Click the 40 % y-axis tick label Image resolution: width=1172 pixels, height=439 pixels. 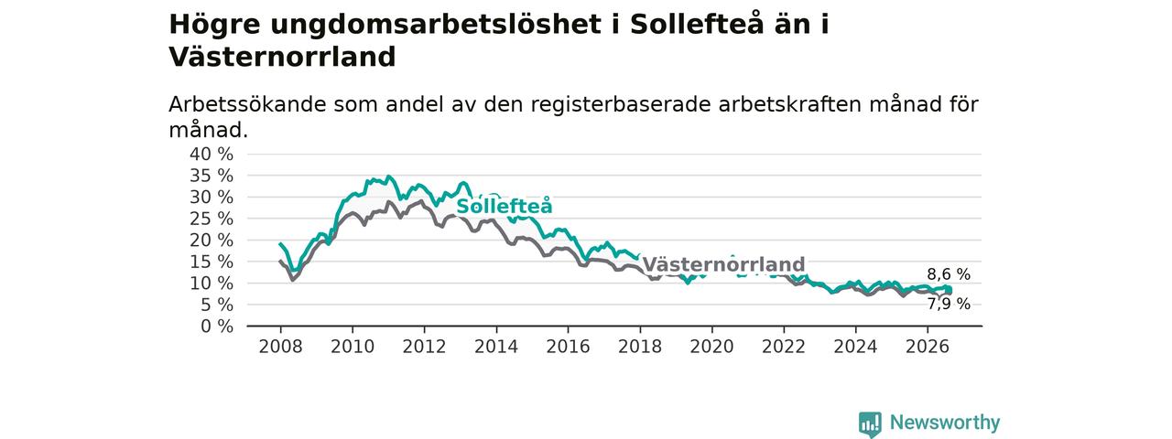(212, 155)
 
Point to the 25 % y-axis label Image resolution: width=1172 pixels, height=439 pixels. (212, 219)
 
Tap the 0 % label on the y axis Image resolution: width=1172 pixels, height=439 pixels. (217, 327)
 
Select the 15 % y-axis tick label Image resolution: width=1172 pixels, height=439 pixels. (212, 262)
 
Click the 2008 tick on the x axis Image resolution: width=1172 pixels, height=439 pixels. (280, 347)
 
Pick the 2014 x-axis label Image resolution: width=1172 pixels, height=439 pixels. (496, 347)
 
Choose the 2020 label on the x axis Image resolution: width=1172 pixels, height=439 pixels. (711, 347)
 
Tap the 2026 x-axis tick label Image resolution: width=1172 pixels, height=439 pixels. (928, 347)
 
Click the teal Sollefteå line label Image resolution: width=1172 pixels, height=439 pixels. (505, 206)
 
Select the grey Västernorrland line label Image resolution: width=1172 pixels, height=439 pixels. (723, 264)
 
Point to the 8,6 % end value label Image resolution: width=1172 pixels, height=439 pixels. (949, 274)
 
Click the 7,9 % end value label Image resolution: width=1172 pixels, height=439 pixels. (949, 304)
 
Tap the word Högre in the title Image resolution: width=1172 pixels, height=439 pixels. (214, 25)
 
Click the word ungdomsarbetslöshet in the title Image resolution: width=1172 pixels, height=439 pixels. (436, 25)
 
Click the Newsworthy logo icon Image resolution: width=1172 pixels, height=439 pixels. (870, 423)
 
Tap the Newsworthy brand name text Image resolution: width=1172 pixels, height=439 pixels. (945, 423)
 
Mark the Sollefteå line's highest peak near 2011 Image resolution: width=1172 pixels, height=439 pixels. (387, 177)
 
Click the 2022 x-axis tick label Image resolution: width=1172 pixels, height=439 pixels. (784, 347)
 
